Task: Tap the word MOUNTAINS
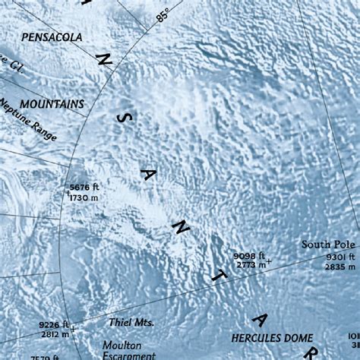tap(52, 103)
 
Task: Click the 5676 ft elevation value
tap(84, 187)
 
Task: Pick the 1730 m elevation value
tap(84, 197)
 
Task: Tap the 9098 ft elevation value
tap(250, 256)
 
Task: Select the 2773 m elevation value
tap(250, 265)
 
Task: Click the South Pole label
tap(327, 244)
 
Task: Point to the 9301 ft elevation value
tap(340, 257)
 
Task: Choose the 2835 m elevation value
tap(339, 267)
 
